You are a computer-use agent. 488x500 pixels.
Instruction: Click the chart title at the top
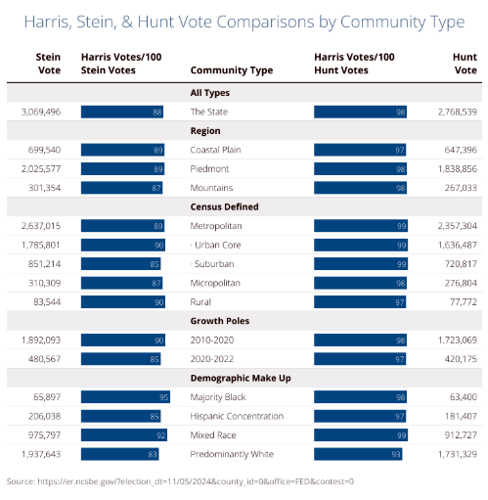point(244,23)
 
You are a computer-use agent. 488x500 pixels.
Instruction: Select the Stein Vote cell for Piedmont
point(41,169)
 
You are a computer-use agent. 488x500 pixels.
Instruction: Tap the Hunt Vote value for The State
point(457,112)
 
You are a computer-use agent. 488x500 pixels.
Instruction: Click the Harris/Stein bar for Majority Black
point(125,397)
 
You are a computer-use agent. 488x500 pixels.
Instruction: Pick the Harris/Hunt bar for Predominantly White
point(358,454)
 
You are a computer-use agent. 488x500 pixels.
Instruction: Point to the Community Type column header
point(232,70)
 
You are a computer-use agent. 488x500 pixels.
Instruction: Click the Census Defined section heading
point(224,206)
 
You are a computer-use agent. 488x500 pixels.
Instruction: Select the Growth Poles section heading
point(220,321)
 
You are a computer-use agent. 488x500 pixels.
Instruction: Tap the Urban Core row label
point(215,245)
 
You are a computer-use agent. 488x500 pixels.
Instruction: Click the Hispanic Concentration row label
point(237,416)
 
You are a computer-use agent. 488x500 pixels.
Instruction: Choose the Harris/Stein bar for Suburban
point(121,264)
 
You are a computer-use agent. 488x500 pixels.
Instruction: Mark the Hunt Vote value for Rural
point(464,302)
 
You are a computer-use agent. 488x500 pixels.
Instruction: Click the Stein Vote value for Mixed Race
point(44,435)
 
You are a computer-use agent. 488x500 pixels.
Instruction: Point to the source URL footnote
point(180,481)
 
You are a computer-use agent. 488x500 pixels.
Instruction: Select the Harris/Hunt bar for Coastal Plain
point(360,150)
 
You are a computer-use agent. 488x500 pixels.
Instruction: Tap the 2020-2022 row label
point(212,359)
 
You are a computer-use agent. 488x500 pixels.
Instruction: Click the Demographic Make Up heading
point(241,378)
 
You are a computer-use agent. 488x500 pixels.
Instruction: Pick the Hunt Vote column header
point(465,64)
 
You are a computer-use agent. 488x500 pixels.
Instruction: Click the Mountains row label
point(211,188)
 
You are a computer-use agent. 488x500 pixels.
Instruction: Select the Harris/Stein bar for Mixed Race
point(124,435)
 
